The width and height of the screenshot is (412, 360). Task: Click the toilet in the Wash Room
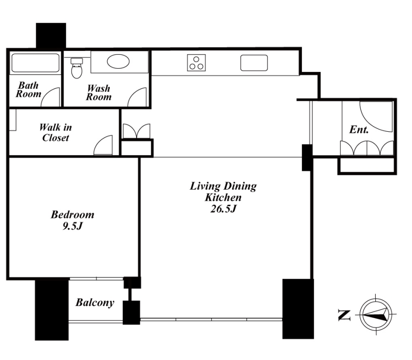77,68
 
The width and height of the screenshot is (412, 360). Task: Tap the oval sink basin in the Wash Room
118,62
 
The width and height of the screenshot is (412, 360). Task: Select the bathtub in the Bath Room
35,63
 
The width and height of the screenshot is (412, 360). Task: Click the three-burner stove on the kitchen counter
196,63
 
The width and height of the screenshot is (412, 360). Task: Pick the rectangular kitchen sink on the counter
254,63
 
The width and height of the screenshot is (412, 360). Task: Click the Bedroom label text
73,215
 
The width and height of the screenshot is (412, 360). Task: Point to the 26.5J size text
223,209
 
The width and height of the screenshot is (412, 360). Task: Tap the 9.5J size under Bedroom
73,226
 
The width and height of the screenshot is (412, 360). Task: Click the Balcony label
95,303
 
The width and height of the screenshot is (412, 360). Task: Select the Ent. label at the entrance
359,129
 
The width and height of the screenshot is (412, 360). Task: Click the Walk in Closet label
56,133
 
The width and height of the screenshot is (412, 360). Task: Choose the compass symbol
376,314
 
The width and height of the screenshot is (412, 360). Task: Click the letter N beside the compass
344,315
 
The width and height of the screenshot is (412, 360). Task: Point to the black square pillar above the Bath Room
51,36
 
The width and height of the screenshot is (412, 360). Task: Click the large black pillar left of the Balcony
52,310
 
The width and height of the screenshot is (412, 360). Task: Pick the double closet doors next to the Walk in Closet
137,131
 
